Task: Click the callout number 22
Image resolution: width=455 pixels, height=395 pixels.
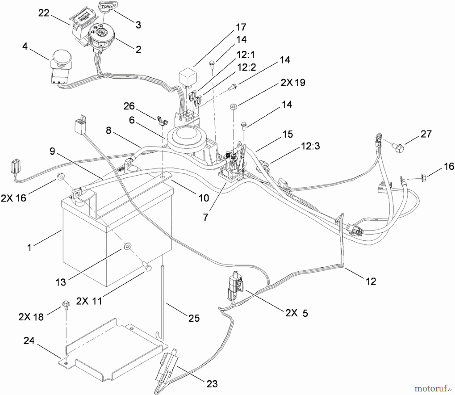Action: click(x=43, y=13)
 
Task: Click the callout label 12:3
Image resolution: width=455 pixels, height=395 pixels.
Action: click(x=310, y=146)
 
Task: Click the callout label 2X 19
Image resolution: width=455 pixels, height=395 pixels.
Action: click(x=293, y=83)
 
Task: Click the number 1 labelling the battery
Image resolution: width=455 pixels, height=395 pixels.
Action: click(x=30, y=247)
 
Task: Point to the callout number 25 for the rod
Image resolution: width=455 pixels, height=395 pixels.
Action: click(x=194, y=318)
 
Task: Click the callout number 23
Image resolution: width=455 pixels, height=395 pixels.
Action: click(x=212, y=384)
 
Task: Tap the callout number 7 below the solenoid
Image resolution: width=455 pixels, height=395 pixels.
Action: click(x=206, y=217)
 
